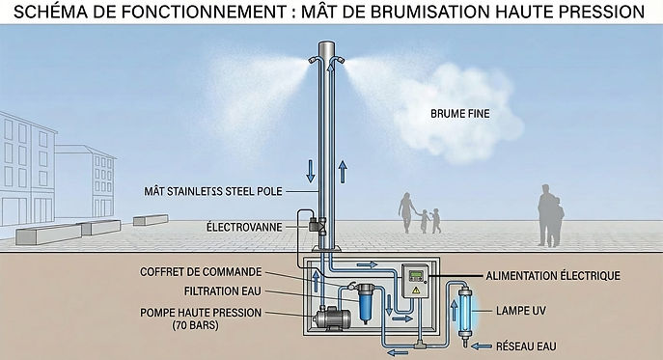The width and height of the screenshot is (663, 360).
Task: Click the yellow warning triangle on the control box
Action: tap(415, 289)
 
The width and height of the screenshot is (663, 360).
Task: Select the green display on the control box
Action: tap(416, 274)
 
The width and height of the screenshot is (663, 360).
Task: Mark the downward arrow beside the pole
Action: tap(310, 171)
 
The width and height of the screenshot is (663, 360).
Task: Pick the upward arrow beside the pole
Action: tap(343, 175)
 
